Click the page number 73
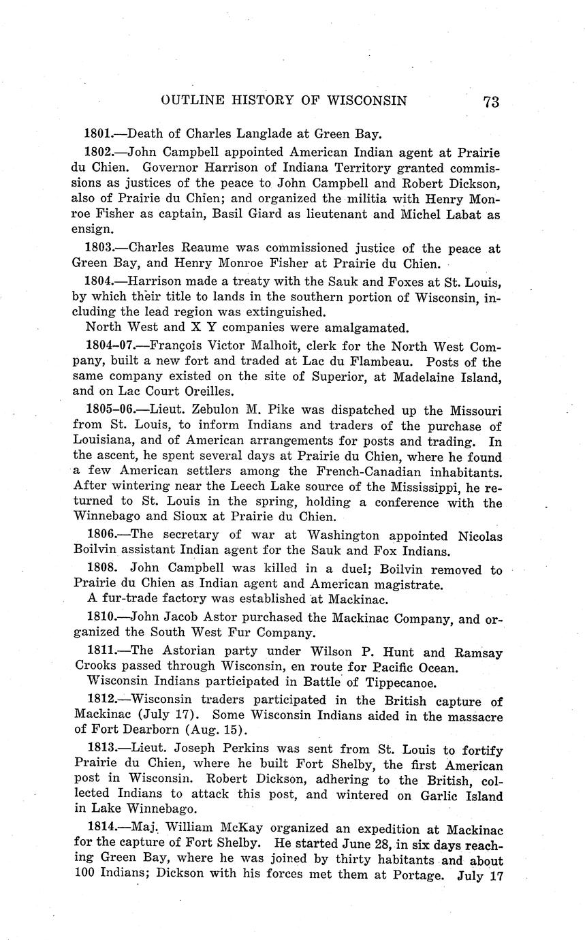[491, 101]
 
